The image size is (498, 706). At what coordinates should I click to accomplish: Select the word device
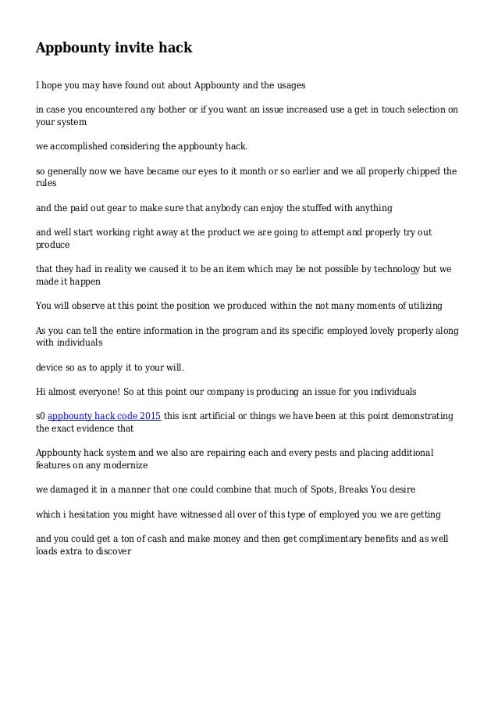[51, 367]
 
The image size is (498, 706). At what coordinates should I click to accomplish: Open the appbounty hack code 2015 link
[105, 416]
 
